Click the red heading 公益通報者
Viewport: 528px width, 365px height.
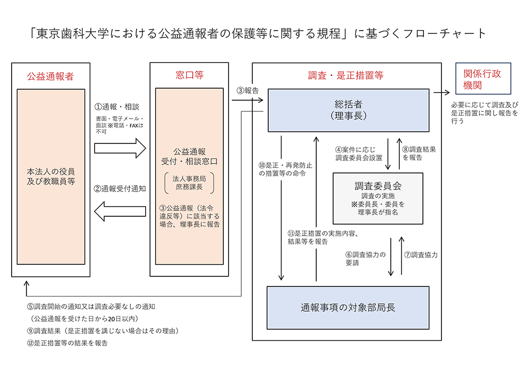pyautogui.click(x=50, y=76)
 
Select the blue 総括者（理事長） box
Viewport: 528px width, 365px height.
pyautogui.click(x=348, y=110)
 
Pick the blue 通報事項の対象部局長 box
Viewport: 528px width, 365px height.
pyautogui.click(x=348, y=308)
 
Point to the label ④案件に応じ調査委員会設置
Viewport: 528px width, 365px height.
pyautogui.click(x=358, y=153)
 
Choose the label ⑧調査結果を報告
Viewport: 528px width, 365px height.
pyautogui.click(x=419, y=153)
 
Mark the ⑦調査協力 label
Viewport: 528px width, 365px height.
pyautogui.click(x=421, y=254)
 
